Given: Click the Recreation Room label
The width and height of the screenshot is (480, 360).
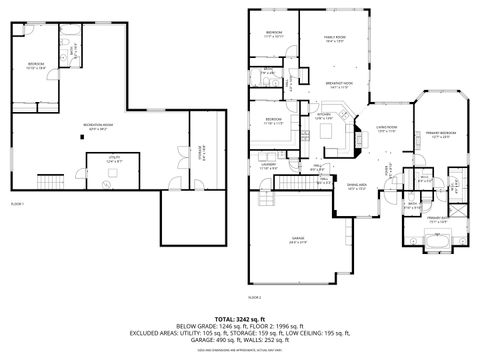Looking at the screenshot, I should point(98,126).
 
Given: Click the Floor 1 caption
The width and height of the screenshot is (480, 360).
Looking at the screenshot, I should point(17,203).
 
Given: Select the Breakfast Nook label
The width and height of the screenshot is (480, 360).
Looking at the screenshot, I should point(339,85).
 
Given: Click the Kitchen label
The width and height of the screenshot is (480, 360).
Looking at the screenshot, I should point(325,116).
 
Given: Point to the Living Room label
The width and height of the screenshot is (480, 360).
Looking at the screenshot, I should point(387,129).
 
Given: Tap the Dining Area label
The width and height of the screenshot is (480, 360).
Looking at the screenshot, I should point(356,186).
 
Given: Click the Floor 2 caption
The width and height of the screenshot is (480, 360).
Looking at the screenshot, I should point(254,297).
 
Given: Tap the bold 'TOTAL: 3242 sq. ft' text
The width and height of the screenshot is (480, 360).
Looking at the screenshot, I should point(239,317).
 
